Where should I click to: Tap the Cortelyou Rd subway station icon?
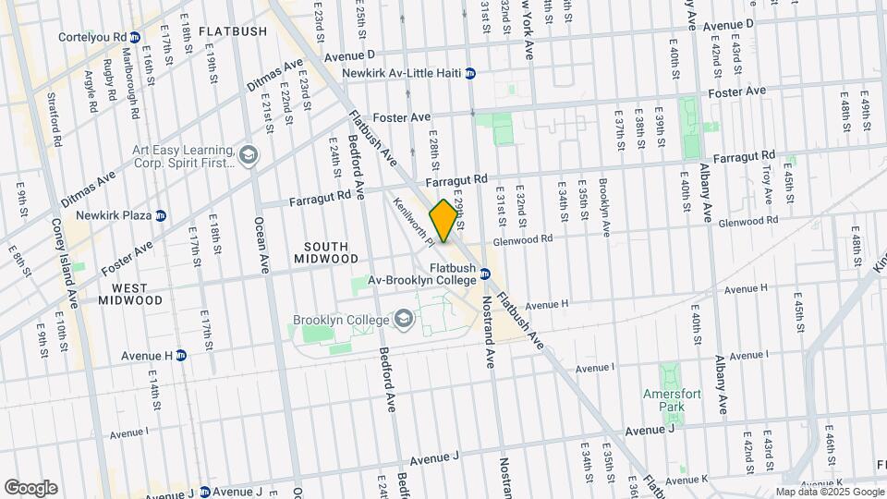(135, 37)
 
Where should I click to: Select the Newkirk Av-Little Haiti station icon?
(470, 73)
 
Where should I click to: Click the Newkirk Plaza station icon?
(161, 215)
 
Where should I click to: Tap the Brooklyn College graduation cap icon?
(403, 320)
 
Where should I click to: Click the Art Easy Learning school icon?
(247, 156)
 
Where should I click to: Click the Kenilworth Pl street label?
(413, 223)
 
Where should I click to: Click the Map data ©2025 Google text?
(829, 493)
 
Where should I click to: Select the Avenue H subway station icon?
(181, 355)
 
